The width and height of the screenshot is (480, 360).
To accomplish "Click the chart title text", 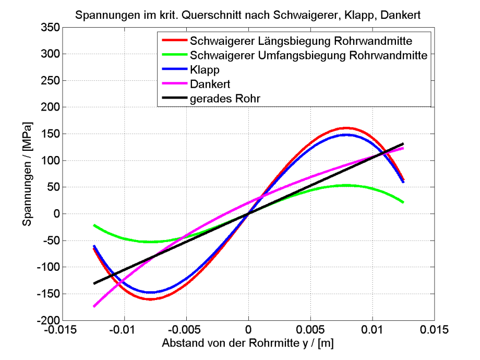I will click(x=248, y=16).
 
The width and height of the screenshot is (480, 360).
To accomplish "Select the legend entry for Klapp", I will click(x=205, y=69).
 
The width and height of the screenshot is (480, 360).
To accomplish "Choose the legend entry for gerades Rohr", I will click(x=225, y=98).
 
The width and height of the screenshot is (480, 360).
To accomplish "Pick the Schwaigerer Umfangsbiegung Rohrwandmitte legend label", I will click(x=309, y=54).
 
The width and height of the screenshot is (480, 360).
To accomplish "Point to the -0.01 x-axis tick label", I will click(x=124, y=330).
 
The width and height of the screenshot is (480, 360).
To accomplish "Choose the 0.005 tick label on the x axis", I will click(x=310, y=330).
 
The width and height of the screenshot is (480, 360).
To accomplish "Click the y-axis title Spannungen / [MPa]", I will click(x=27, y=173).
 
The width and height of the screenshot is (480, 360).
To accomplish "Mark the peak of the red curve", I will click(x=346, y=128).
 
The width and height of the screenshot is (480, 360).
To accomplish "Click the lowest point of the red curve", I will click(x=151, y=299).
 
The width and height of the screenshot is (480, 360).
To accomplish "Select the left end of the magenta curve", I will click(x=94, y=306).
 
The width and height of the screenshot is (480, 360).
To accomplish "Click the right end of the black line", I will click(x=403, y=144).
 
